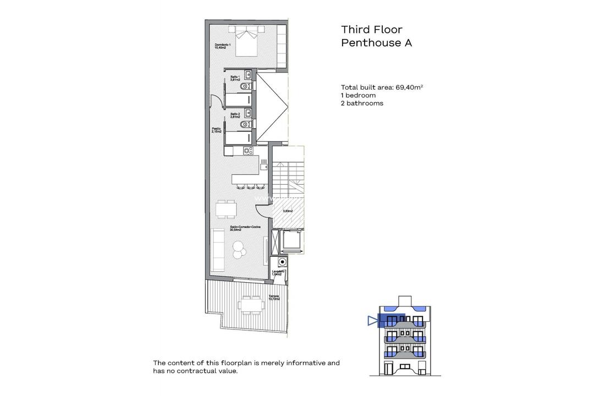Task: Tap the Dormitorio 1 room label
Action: pyautogui.click(x=222, y=46)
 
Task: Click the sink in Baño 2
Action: pyautogui.click(x=249, y=113)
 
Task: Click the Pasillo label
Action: pyautogui.click(x=216, y=130)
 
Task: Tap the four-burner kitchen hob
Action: pyautogui.click(x=248, y=151)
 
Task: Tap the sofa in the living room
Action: pyautogui.click(x=218, y=250)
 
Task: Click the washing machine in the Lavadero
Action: pyautogui.click(x=282, y=262)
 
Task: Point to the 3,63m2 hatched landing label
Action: pyautogui.click(x=288, y=211)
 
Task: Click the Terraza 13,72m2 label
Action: pyautogui.click(x=274, y=298)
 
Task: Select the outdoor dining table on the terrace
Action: pyautogui.click(x=250, y=304)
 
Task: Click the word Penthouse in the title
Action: pyautogui.click(x=371, y=43)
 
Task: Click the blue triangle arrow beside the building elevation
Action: pyautogui.click(x=373, y=321)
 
